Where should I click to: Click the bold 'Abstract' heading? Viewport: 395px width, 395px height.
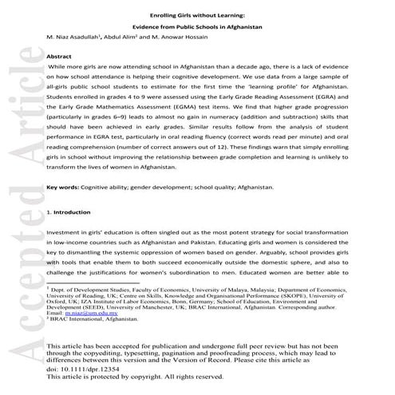point(59,58)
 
